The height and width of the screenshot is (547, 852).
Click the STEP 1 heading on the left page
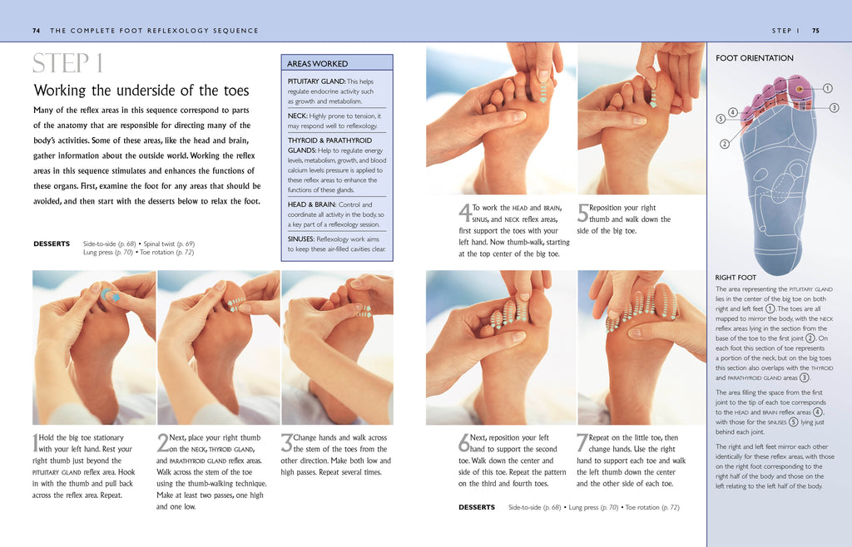[x=68, y=63]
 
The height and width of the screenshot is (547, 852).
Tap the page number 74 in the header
[x=37, y=31]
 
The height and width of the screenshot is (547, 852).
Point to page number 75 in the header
[x=815, y=31]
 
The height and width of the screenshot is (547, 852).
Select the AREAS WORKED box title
[x=318, y=63]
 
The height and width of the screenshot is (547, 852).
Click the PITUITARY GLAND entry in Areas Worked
[x=316, y=81]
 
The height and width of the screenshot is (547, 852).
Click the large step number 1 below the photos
[x=35, y=444]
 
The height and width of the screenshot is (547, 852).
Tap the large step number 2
[x=162, y=443]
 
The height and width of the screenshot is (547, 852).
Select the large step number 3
[x=286, y=443]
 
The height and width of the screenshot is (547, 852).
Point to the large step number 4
[x=464, y=214]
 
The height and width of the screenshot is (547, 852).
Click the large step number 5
[x=582, y=214]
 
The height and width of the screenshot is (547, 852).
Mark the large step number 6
[x=463, y=443]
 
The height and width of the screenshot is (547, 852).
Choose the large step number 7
[x=582, y=443]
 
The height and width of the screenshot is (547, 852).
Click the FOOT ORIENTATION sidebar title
[x=755, y=58]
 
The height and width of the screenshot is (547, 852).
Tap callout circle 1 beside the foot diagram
[x=828, y=88]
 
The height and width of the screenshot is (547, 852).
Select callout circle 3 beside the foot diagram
[x=834, y=108]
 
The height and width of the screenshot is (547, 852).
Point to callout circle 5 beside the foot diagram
[x=720, y=119]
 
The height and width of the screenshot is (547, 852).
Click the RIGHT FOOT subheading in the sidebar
[x=736, y=278]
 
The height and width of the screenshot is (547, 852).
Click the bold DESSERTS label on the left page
[x=52, y=244]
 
